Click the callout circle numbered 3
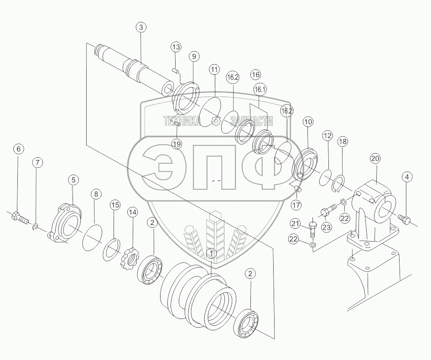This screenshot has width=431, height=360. [x=141, y=27]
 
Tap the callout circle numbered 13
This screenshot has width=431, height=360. [x=176, y=47]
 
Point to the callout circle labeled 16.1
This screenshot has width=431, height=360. [x=260, y=89]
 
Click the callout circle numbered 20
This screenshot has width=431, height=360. [x=375, y=159]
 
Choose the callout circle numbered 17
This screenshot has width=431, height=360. [x=297, y=205]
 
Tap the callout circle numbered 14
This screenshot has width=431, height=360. [x=132, y=212]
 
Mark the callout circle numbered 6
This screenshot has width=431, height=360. [x=18, y=149]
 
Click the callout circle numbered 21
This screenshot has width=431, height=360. [x=295, y=224]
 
